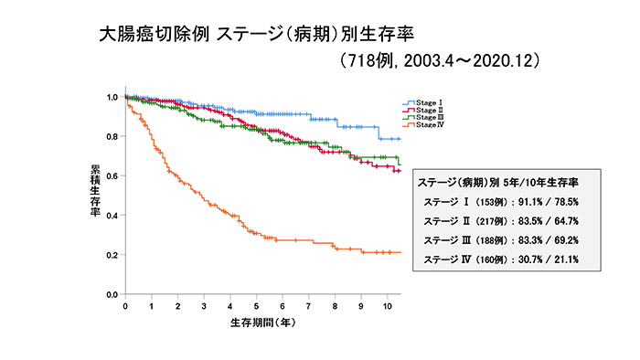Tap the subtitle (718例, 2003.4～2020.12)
click(443, 61)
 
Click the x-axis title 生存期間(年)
click(261, 323)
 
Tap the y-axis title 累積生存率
click(95, 190)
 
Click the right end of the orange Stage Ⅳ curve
click(400, 252)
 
